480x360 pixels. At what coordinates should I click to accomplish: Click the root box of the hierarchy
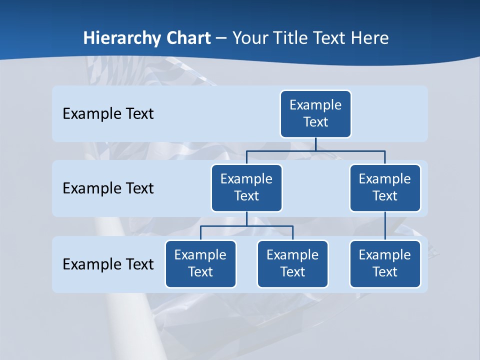click(x=315, y=114)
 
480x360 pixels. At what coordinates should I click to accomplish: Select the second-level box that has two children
click(x=246, y=188)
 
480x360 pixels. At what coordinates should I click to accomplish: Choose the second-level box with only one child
click(x=385, y=188)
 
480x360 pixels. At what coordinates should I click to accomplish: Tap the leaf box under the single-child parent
click(x=385, y=264)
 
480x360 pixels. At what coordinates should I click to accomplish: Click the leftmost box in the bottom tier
click(x=200, y=264)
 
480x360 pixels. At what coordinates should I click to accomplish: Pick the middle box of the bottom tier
click(x=292, y=264)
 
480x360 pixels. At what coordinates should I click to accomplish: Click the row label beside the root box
click(x=108, y=114)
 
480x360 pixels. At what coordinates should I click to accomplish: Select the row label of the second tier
click(x=108, y=188)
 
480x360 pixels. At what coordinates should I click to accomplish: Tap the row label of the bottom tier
click(x=108, y=264)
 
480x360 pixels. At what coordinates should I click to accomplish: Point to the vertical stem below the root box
click(x=315, y=144)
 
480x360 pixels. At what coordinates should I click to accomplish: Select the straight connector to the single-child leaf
click(x=385, y=226)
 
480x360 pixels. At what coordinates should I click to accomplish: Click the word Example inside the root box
click(x=315, y=105)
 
